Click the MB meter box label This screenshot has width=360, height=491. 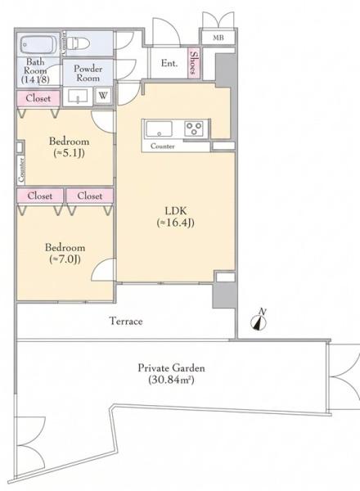pyautogui.click(x=218, y=38)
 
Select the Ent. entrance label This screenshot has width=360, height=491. pyautogui.click(x=169, y=63)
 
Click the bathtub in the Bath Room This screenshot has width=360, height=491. pyautogui.click(x=38, y=45)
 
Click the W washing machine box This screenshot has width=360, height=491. pyautogui.click(x=102, y=96)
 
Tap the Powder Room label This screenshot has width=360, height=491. pyautogui.click(x=88, y=74)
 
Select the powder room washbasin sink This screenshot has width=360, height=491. pyautogui.click(x=78, y=97)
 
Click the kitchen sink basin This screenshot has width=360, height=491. pyautogui.click(x=159, y=128)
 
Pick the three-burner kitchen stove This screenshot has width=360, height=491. pyautogui.click(x=194, y=128)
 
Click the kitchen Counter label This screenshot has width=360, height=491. pyautogui.click(x=163, y=146)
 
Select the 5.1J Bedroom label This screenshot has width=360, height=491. pyautogui.click(x=69, y=146)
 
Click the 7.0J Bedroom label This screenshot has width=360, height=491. pyautogui.click(x=65, y=253)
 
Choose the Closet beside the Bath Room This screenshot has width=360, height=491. pyautogui.click(x=38, y=98)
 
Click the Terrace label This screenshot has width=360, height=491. pyautogui.click(x=126, y=322)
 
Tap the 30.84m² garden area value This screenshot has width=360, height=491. pyautogui.click(x=171, y=380)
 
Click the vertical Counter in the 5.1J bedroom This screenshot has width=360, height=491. pyautogui.click(x=21, y=169)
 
